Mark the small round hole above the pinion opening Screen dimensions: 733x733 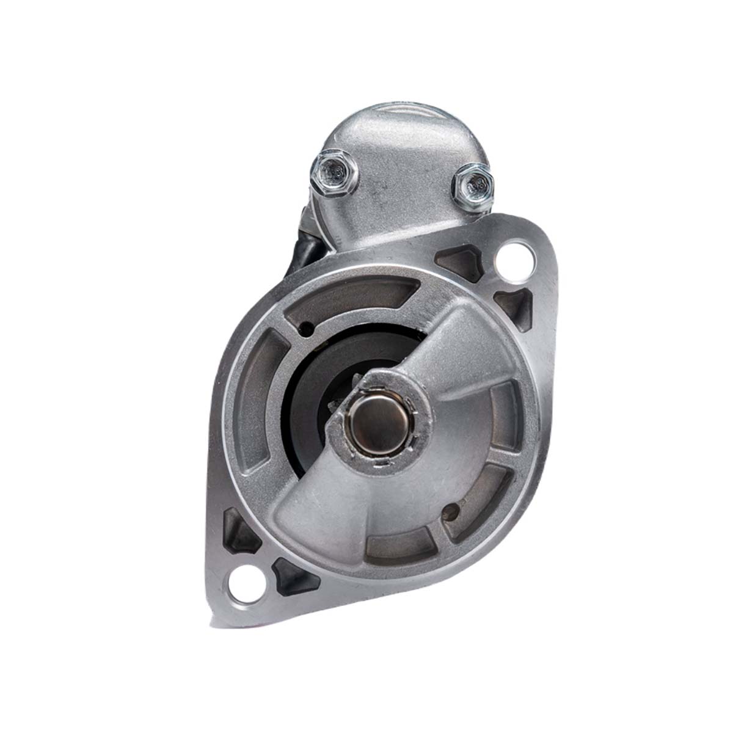pyautogui.click(x=309, y=330)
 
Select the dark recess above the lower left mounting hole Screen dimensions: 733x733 pyautogui.click(x=239, y=530)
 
